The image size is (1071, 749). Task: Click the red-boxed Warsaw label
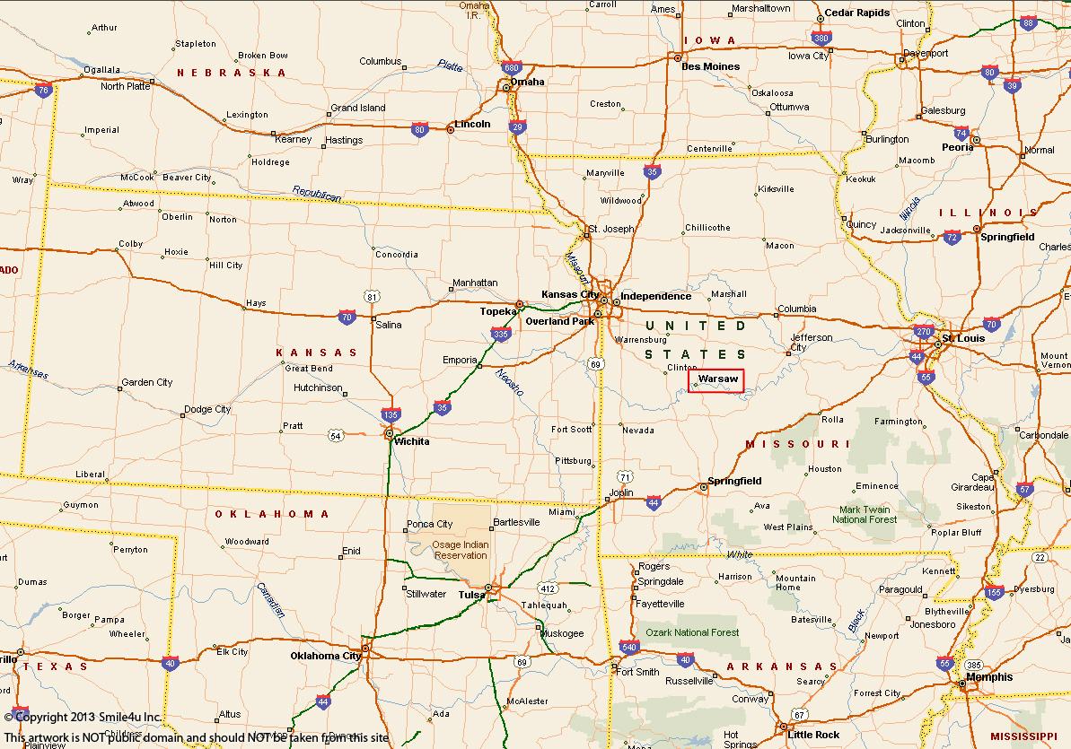point(716,380)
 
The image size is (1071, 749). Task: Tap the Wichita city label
point(411,441)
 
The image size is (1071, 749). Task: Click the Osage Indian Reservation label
point(461,550)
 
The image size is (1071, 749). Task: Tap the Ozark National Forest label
point(692,632)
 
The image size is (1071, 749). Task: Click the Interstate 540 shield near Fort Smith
point(628,647)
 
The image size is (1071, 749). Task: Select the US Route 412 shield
point(548,588)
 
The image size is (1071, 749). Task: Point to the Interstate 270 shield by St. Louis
point(924,332)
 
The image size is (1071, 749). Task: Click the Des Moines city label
point(710,66)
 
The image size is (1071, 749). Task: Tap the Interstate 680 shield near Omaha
point(511,68)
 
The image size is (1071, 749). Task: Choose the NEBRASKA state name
point(231,73)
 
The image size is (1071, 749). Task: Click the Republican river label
point(316,194)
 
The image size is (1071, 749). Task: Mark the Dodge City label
point(207,409)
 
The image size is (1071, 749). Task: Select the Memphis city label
point(989,677)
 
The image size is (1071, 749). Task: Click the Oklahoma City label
point(325,656)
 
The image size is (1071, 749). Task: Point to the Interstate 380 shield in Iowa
point(821,38)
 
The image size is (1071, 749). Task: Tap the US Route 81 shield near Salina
point(372,296)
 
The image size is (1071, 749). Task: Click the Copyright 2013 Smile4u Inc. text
point(83,717)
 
